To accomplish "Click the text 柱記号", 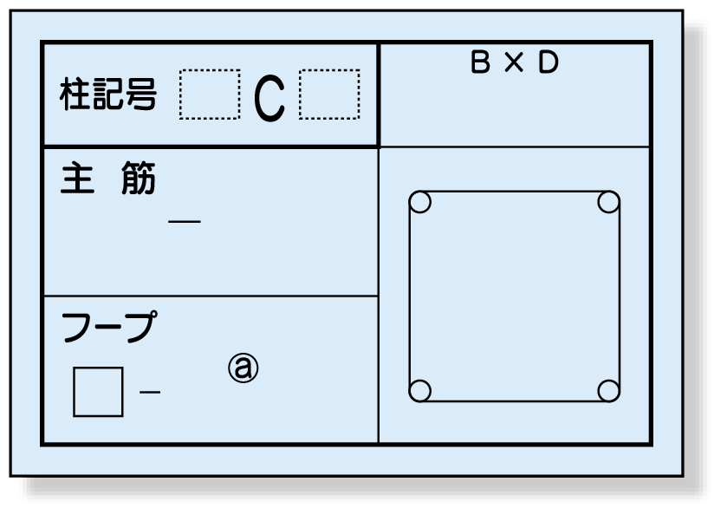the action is tap(108, 94).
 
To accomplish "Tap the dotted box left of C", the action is tap(209, 94).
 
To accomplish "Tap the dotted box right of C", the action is tap(329, 94).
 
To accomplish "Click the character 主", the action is tap(77, 180).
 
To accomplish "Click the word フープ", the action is tap(108, 328).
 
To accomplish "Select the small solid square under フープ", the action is tap(98, 392).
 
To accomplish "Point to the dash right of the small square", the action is tap(150, 393).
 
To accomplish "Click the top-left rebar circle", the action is tap(419, 202).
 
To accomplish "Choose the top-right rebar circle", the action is tap(609, 202).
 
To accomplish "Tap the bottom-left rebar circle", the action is tap(419, 390).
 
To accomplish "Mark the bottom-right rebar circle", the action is tap(609, 390).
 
